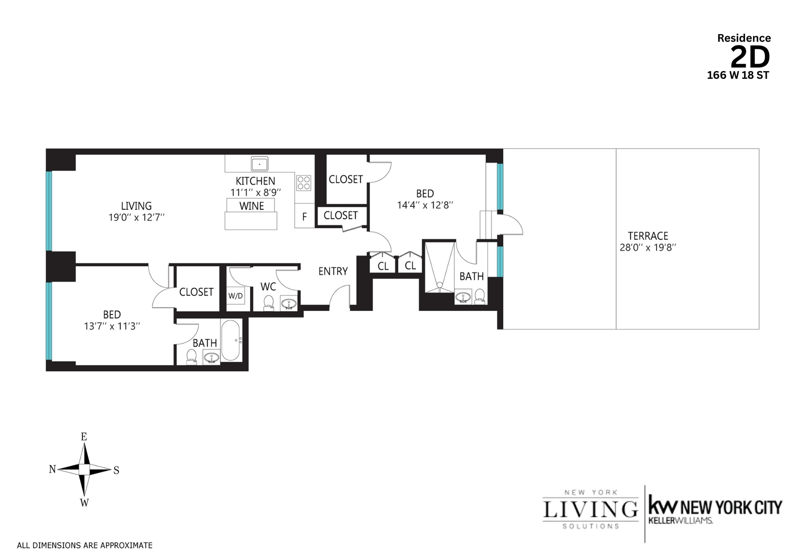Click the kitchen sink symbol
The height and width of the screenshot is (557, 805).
pyautogui.click(x=260, y=164)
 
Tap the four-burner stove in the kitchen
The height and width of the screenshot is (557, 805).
pyautogui.click(x=304, y=183)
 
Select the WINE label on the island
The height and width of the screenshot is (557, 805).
pyautogui.click(x=252, y=206)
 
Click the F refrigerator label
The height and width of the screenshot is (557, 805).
pyautogui.click(x=304, y=217)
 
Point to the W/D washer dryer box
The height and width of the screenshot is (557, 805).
pyautogui.click(x=235, y=296)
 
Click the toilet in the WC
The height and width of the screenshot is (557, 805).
pyautogui.click(x=268, y=302)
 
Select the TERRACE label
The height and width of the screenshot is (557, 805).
pyautogui.click(x=648, y=236)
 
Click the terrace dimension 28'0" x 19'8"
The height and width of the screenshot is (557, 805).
pyautogui.click(x=648, y=248)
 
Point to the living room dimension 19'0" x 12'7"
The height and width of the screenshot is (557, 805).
pyautogui.click(x=136, y=218)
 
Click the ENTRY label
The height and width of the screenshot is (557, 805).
pyautogui.click(x=333, y=272)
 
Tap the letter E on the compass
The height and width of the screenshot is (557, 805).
pyautogui.click(x=84, y=437)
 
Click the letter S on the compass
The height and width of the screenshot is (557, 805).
pyautogui.click(x=116, y=470)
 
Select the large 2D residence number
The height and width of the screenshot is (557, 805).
pyautogui.click(x=750, y=58)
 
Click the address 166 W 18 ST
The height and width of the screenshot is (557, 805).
pyautogui.click(x=738, y=75)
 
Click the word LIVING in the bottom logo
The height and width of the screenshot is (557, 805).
pyautogui.click(x=590, y=510)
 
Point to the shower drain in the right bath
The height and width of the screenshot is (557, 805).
pyautogui.click(x=440, y=285)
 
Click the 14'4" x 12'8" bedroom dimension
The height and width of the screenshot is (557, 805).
pyautogui.click(x=425, y=205)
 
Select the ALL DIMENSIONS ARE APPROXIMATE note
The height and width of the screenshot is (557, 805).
pyautogui.click(x=85, y=545)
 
